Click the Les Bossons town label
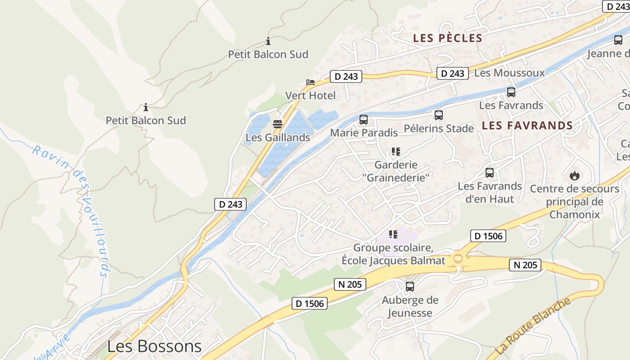154,346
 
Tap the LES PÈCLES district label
448,38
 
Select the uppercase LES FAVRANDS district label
527,126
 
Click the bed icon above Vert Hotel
310,82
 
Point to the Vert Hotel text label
310,95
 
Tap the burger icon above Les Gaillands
278,124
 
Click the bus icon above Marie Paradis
364,120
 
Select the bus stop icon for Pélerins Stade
439,115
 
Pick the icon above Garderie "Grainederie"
396,152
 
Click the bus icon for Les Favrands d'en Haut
490,173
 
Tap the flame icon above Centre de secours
575,175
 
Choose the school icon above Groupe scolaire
393,234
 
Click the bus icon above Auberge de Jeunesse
410,287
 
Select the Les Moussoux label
509,73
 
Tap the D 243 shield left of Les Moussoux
453,73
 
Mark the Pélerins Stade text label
439,129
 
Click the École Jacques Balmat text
393,261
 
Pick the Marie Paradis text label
364,133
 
